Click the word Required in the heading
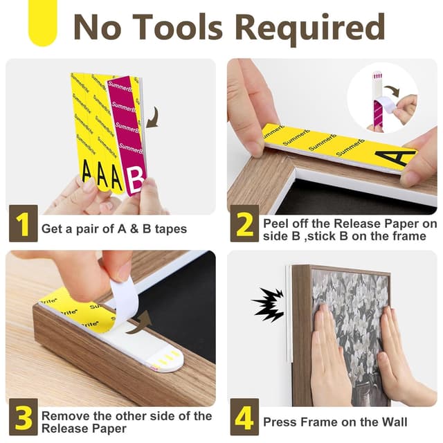tap(310, 28)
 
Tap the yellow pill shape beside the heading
tap(43, 23)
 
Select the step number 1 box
tap(23, 223)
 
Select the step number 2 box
tap(244, 223)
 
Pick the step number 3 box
tap(23, 417)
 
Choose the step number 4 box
tap(244, 417)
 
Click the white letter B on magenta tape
tap(135, 180)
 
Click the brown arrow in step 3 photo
tap(140, 322)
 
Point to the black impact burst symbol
tap(267, 305)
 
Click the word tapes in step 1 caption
tap(171, 229)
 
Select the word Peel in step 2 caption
tap(276, 224)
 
